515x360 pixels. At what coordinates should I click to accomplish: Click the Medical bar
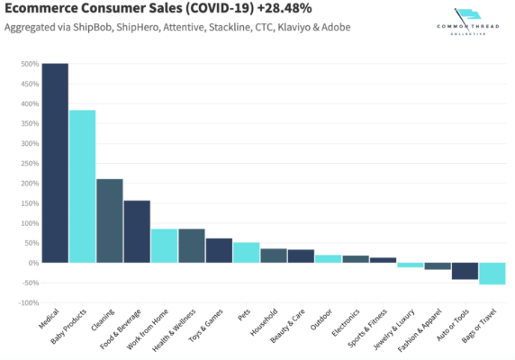click(x=55, y=163)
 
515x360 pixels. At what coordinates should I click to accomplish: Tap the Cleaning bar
click(x=110, y=220)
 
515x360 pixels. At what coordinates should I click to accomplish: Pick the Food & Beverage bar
click(x=137, y=231)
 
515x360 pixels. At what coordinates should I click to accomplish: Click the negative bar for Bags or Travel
click(x=492, y=274)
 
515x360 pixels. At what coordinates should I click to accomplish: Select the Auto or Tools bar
click(x=465, y=271)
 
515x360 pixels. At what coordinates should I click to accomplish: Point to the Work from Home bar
click(x=164, y=246)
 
